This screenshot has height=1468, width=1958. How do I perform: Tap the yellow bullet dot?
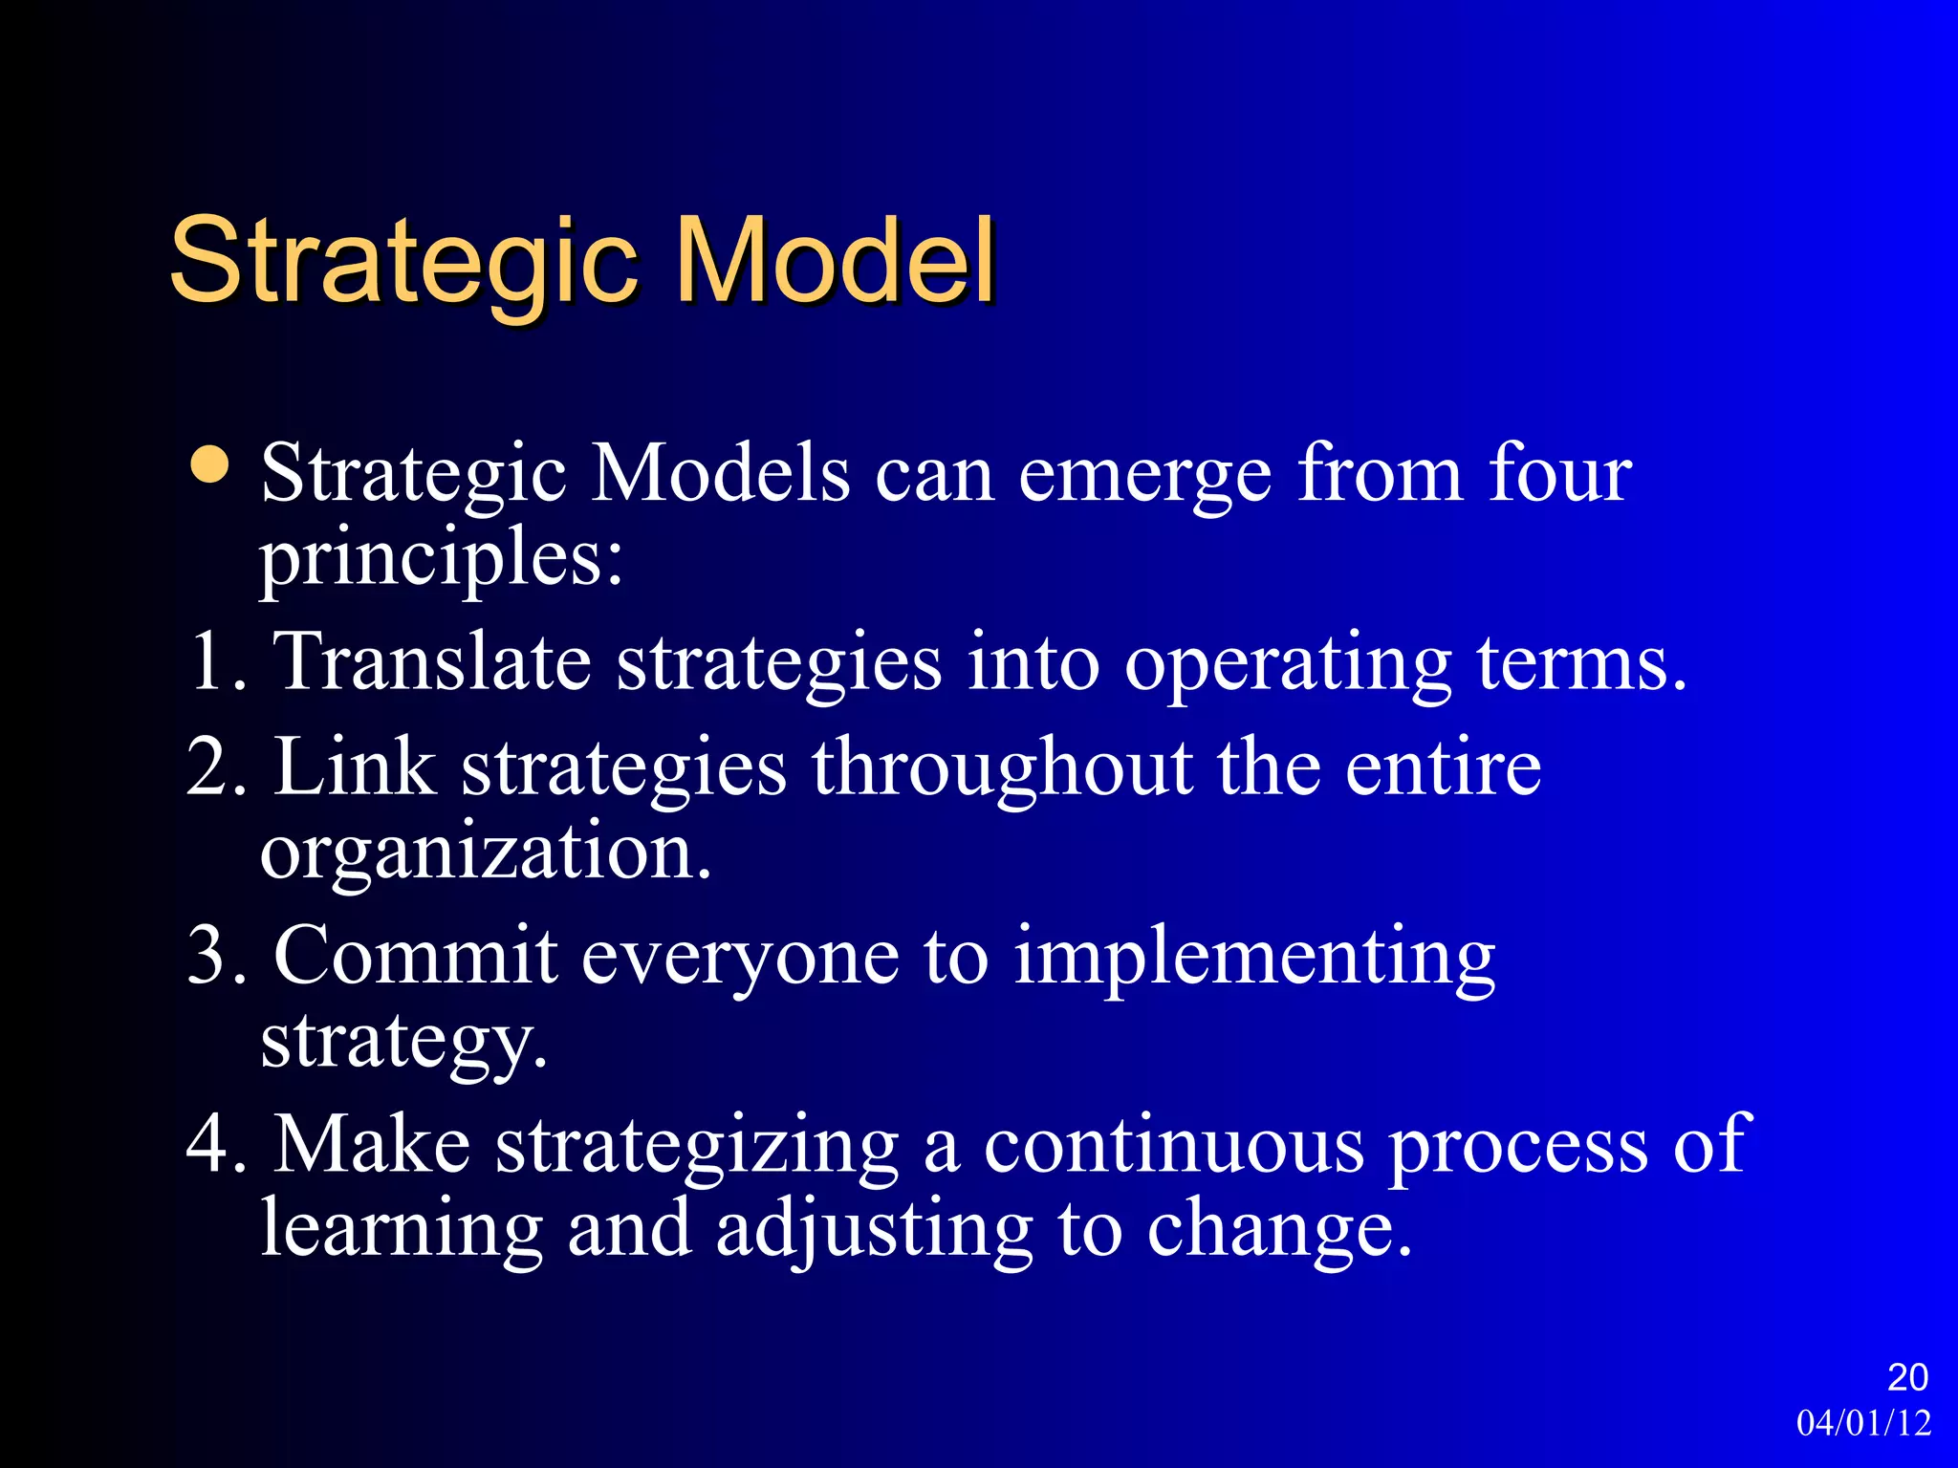click(x=210, y=465)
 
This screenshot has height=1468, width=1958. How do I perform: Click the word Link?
click(x=355, y=766)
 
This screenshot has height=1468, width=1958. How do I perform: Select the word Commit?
click(x=415, y=956)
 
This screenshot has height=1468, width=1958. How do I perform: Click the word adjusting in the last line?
click(x=874, y=1231)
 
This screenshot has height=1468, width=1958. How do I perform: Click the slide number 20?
click(x=1907, y=1377)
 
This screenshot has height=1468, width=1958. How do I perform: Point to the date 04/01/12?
click(x=1863, y=1423)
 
